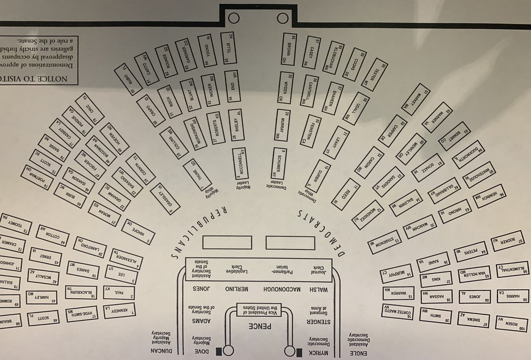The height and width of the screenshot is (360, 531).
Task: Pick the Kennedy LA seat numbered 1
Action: [119, 315]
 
